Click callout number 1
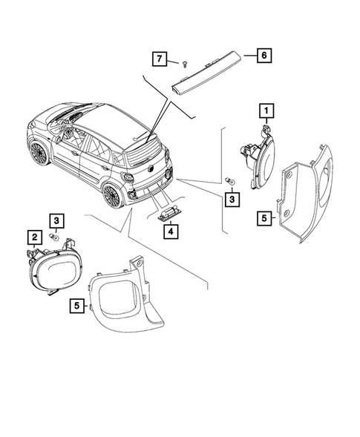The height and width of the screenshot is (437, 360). [264, 113]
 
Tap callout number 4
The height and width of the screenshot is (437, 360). [171, 231]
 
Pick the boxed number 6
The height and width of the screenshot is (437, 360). [264, 56]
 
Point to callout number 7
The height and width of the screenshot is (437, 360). [158, 57]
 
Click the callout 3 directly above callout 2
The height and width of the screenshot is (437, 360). [57, 220]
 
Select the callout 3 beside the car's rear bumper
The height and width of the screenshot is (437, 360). [232, 198]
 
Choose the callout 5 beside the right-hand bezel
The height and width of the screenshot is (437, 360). [263, 218]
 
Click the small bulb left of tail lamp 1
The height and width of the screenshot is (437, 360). [231, 181]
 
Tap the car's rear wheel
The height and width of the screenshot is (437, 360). [111, 196]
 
